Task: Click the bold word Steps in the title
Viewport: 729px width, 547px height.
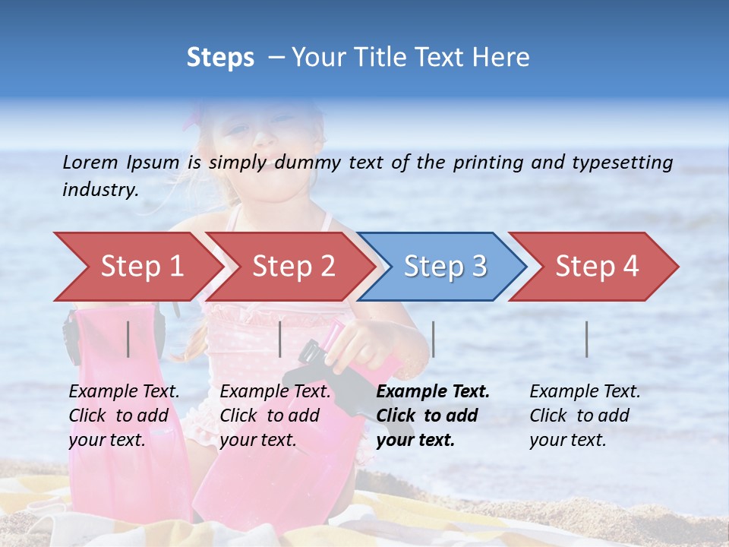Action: tap(220, 58)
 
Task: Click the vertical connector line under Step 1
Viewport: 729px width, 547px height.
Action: tap(128, 339)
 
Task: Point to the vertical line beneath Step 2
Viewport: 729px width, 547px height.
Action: tap(280, 339)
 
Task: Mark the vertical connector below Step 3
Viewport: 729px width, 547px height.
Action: tap(433, 339)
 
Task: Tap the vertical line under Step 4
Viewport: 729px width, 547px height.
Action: tap(587, 339)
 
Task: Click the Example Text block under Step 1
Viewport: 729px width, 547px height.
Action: tap(124, 416)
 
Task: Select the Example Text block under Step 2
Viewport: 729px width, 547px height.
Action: tap(275, 416)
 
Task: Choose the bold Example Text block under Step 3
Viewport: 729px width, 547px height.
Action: tap(433, 416)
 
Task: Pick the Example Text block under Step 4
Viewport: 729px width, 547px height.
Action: tap(585, 416)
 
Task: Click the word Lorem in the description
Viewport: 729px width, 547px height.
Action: tap(90, 163)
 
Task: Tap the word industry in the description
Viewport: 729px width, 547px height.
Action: tap(99, 190)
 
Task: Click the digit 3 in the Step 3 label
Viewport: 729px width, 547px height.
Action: tap(478, 267)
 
